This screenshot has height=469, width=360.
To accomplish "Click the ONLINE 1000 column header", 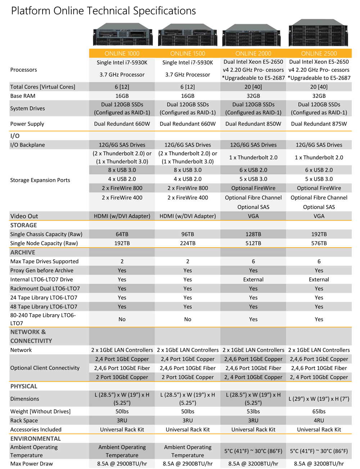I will click(122, 53).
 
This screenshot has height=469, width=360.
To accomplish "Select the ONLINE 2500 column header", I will click(319, 53).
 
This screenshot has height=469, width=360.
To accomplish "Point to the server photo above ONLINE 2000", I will click(253, 35).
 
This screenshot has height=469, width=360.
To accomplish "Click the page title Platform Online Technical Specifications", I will click(103, 11).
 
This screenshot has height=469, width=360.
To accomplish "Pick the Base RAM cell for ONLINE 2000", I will click(253, 96).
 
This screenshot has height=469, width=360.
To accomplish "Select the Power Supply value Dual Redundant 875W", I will click(319, 124).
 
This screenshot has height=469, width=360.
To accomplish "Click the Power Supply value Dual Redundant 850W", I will click(253, 124).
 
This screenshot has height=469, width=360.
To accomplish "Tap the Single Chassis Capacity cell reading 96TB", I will click(188, 234).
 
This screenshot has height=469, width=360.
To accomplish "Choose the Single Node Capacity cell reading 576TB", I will click(319, 243).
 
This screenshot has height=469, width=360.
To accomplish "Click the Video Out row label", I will click(24, 216).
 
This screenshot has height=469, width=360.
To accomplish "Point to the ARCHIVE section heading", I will click(23, 253).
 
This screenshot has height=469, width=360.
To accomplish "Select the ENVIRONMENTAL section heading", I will click(36, 439).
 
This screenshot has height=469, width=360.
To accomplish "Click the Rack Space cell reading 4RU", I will click(319, 420).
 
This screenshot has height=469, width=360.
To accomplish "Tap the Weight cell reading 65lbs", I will click(319, 411).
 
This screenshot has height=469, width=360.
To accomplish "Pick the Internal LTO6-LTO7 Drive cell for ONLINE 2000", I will click(253, 280).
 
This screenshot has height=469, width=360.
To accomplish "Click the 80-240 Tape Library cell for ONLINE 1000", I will click(122, 319).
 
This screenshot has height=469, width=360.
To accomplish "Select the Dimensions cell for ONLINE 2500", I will click(319, 399).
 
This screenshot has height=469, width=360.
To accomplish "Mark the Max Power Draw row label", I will click(32, 464).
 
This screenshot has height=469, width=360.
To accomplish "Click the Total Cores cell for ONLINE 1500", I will click(188, 87).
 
